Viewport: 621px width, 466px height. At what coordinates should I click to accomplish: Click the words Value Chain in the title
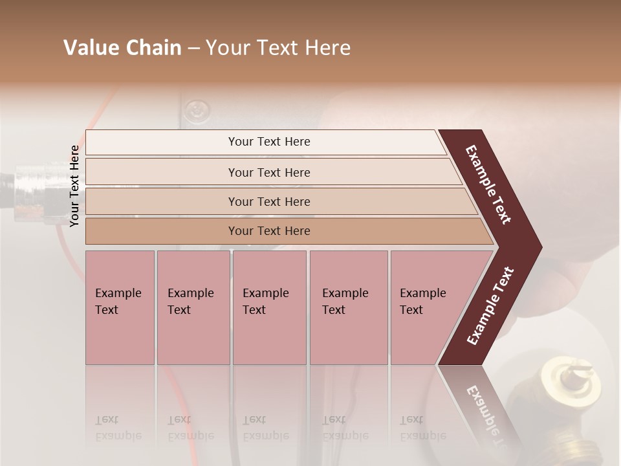(122, 48)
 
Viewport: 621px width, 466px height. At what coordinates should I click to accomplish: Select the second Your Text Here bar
(269, 172)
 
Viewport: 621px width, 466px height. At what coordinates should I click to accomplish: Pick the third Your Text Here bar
(269, 201)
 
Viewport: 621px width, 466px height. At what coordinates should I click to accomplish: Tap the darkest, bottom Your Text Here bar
(269, 231)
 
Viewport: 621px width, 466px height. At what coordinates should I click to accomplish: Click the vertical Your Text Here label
(75, 186)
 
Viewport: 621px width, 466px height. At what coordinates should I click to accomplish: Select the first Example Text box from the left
(120, 307)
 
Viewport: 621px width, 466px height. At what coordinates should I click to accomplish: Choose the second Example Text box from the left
(193, 307)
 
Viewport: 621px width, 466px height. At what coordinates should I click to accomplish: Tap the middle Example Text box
(269, 307)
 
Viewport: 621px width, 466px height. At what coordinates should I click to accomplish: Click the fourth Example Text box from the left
(348, 307)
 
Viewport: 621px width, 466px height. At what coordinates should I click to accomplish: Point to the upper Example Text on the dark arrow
(489, 184)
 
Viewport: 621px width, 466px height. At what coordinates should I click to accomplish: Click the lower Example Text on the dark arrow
(490, 306)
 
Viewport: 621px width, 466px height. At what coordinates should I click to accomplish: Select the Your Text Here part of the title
(278, 48)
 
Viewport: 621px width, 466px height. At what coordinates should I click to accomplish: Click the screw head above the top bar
(193, 111)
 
